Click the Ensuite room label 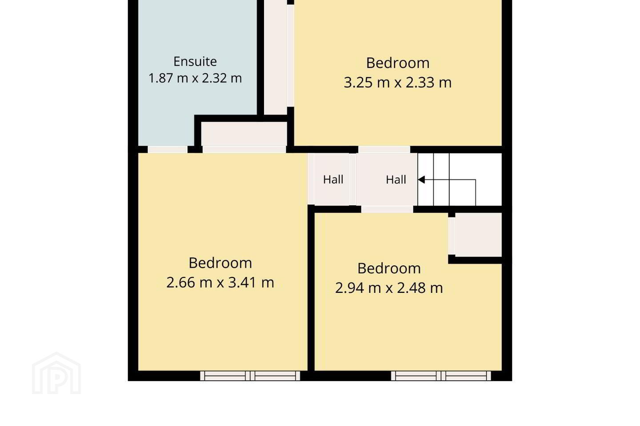[x=195, y=62]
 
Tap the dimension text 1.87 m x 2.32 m [x=195, y=78]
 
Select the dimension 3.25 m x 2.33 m [x=398, y=83]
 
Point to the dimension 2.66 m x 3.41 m [x=220, y=283]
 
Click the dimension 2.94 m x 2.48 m [x=389, y=288]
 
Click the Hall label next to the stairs [x=396, y=180]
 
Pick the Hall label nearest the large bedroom [x=333, y=180]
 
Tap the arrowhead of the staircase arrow [x=421, y=180]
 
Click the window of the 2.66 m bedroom [x=250, y=376]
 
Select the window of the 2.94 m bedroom [x=441, y=376]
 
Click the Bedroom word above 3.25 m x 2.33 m [x=398, y=63]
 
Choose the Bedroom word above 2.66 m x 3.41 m [x=220, y=263]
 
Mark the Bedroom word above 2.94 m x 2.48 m [x=389, y=268]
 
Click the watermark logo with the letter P [x=56, y=374]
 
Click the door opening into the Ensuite [x=168, y=150]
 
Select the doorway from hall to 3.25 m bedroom [x=384, y=150]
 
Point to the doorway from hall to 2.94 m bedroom [x=387, y=209]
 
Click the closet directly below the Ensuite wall [x=244, y=134]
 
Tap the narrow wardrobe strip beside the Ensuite [x=276, y=57]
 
